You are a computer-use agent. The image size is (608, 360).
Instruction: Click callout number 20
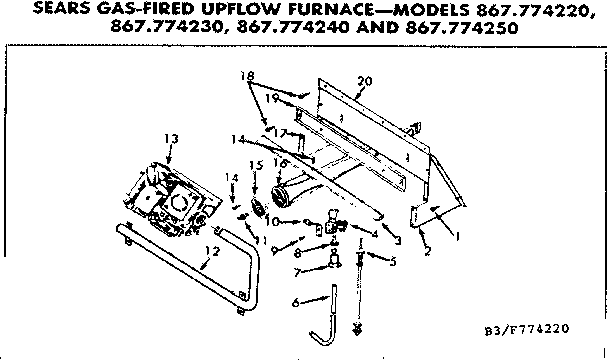tap(364, 80)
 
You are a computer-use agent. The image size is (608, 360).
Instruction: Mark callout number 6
tap(295, 301)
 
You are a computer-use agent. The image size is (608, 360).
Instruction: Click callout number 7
tap(297, 271)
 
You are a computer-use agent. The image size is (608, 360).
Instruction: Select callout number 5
tap(392, 262)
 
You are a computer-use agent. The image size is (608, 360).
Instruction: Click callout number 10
tap(284, 221)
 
